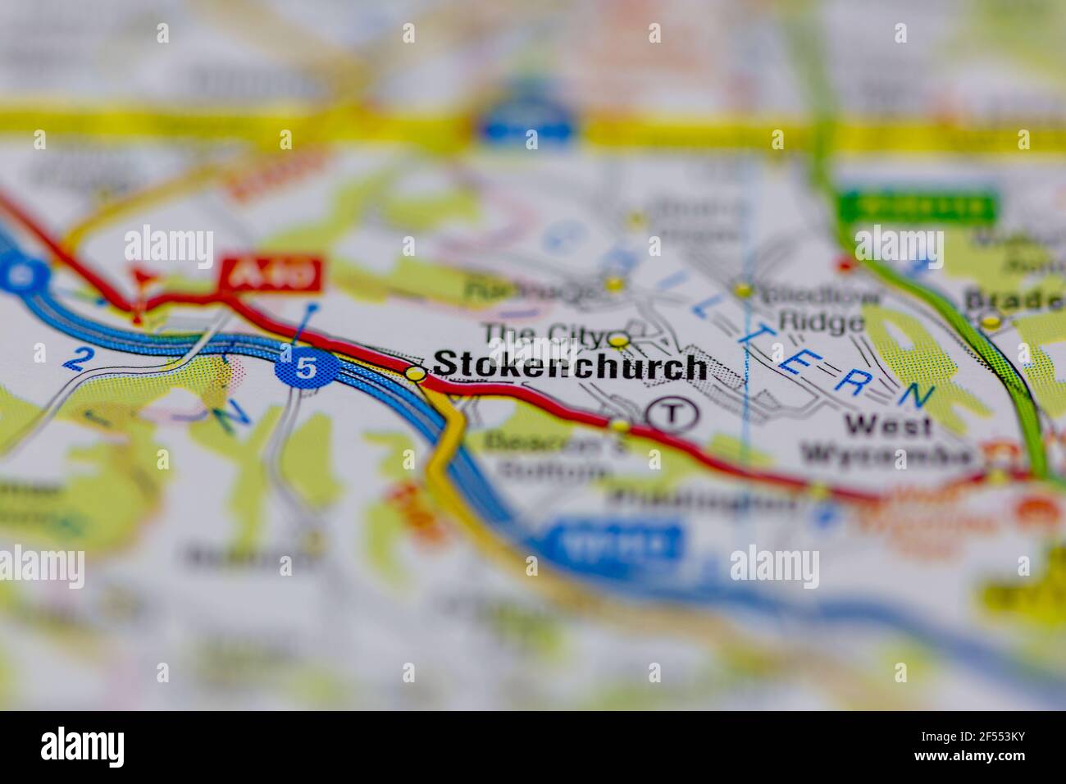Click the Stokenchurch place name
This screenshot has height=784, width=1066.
(569, 367)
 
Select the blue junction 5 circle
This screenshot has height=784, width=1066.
(305, 368)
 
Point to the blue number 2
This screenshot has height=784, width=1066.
(80, 358)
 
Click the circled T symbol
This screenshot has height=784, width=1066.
(672, 413)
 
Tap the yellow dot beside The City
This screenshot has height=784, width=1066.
(619, 340)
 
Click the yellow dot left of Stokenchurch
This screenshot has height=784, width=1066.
(417, 374)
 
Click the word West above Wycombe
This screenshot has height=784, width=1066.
(878, 426)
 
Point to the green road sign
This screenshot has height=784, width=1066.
(917, 207)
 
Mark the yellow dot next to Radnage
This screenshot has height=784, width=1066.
(613, 284)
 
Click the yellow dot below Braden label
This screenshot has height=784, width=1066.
(991, 321)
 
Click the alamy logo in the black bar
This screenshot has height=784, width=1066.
(82, 747)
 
